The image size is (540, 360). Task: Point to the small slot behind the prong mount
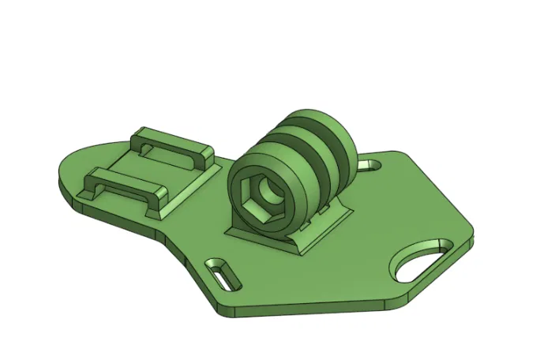click(x=369, y=166)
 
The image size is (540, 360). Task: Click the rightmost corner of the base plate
click(x=472, y=234)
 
